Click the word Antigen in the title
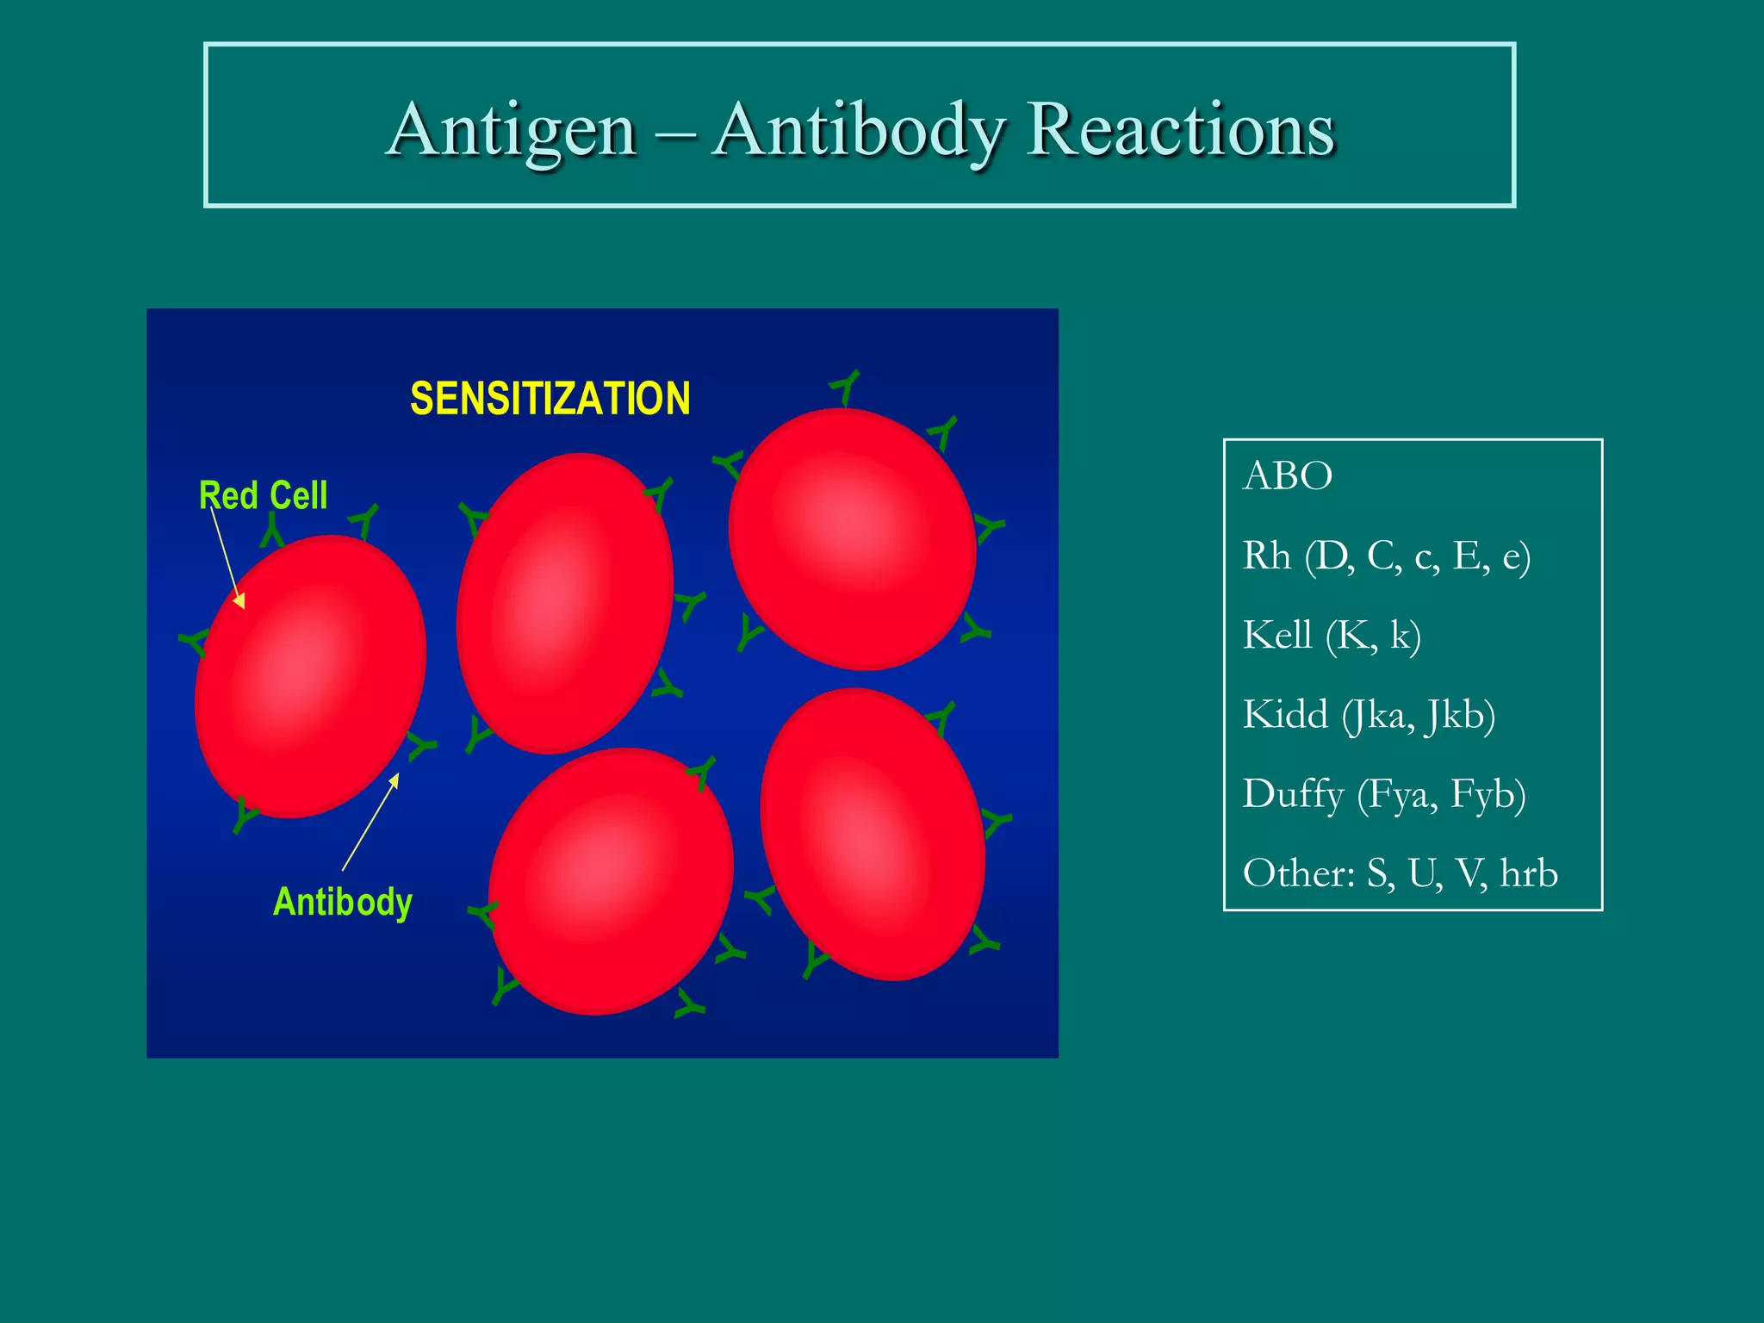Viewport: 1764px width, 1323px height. [x=513, y=131]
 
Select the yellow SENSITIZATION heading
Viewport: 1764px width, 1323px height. [x=550, y=399]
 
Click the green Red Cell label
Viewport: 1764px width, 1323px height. [x=263, y=495]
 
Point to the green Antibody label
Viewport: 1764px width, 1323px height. [x=342, y=902]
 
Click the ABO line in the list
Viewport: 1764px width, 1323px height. [x=1288, y=475]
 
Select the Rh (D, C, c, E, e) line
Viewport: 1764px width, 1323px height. [x=1386, y=556]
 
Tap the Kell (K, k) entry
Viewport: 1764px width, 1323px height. [x=1332, y=636]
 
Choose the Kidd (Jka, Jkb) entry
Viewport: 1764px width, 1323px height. [x=1369, y=715]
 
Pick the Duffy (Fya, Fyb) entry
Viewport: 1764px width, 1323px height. [x=1383, y=794]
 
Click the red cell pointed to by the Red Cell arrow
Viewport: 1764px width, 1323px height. [x=310, y=676]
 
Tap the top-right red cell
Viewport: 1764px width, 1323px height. [x=851, y=538]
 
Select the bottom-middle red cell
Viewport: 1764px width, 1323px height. [x=611, y=880]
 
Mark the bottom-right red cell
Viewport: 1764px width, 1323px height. [x=873, y=834]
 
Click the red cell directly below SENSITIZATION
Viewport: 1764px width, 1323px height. [x=564, y=603]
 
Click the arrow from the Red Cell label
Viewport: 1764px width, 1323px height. [x=227, y=556]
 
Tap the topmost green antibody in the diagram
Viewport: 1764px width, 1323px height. [x=846, y=386]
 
